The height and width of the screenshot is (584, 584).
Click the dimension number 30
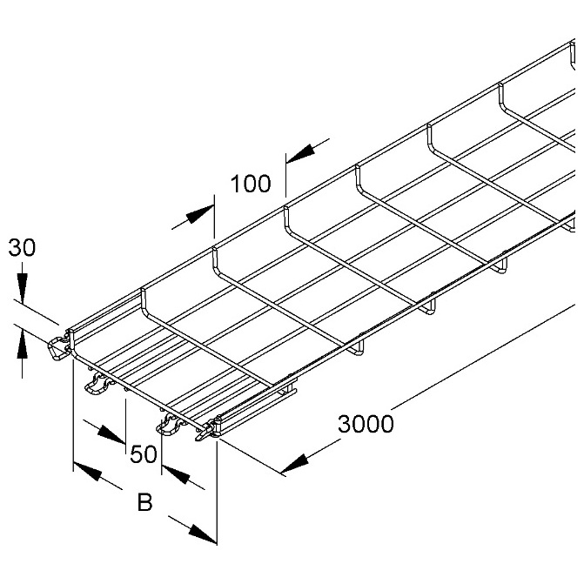(x=22, y=247)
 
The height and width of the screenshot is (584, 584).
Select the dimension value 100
(x=251, y=184)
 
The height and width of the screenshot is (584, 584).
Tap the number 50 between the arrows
(x=144, y=454)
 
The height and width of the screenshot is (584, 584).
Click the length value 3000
(x=366, y=424)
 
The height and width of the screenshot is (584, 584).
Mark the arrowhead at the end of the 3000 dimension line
(x=295, y=464)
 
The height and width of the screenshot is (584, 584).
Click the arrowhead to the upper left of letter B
(x=88, y=471)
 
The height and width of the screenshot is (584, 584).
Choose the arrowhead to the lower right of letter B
(x=203, y=534)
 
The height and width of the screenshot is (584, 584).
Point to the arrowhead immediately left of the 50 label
(x=111, y=436)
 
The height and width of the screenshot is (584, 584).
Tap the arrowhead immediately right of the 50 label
(x=176, y=474)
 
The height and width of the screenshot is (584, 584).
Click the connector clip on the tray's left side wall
(x=58, y=348)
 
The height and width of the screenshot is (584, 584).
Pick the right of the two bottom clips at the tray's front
(x=171, y=426)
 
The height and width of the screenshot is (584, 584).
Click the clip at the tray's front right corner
(x=207, y=430)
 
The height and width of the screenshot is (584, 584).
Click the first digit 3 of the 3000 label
(x=345, y=424)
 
